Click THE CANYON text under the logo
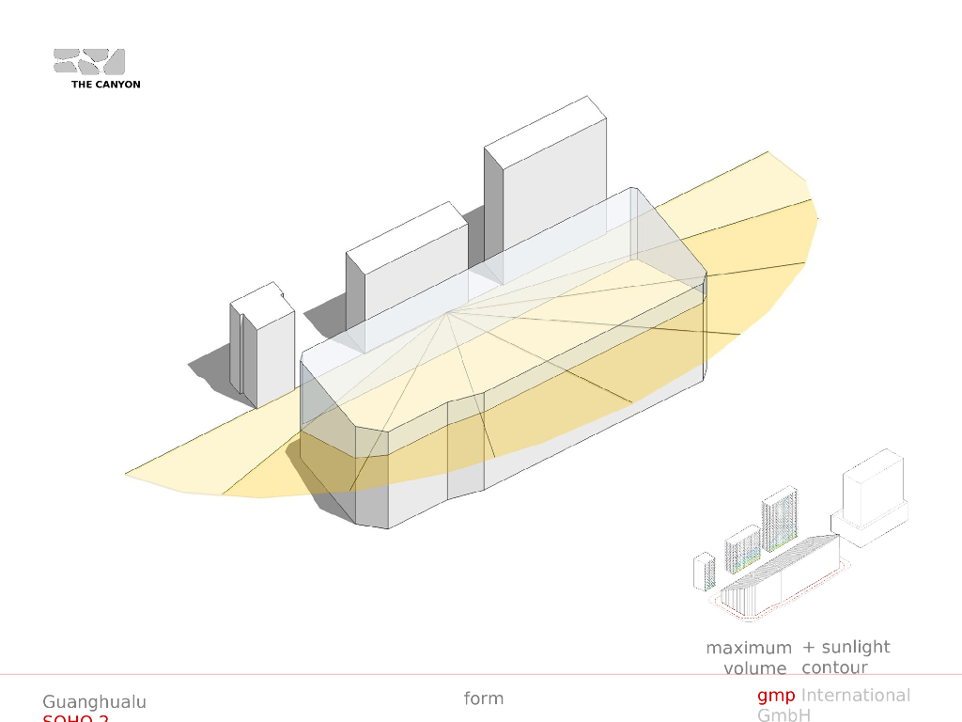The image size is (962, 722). pos(105,85)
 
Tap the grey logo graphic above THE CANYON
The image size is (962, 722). pos(89,61)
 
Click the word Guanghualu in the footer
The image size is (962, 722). pos(94,702)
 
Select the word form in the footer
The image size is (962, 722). pos(484,698)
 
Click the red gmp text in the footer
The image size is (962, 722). pos(776,696)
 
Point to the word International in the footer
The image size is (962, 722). pos(855,696)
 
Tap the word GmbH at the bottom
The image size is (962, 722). pos(785,715)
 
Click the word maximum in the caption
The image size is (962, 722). pos(749,648)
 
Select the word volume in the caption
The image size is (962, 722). pos(754,668)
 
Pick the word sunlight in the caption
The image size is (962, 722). pos(855,647)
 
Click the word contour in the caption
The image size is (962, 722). pos(834,667)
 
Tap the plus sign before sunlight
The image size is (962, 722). pos(809,647)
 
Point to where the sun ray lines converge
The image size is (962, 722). pos(449,312)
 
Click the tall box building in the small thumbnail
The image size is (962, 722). pos(874,489)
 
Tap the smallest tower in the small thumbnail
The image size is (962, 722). pos(702,571)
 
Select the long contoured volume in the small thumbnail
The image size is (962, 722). pos(780,578)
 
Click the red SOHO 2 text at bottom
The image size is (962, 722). pos(75,719)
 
